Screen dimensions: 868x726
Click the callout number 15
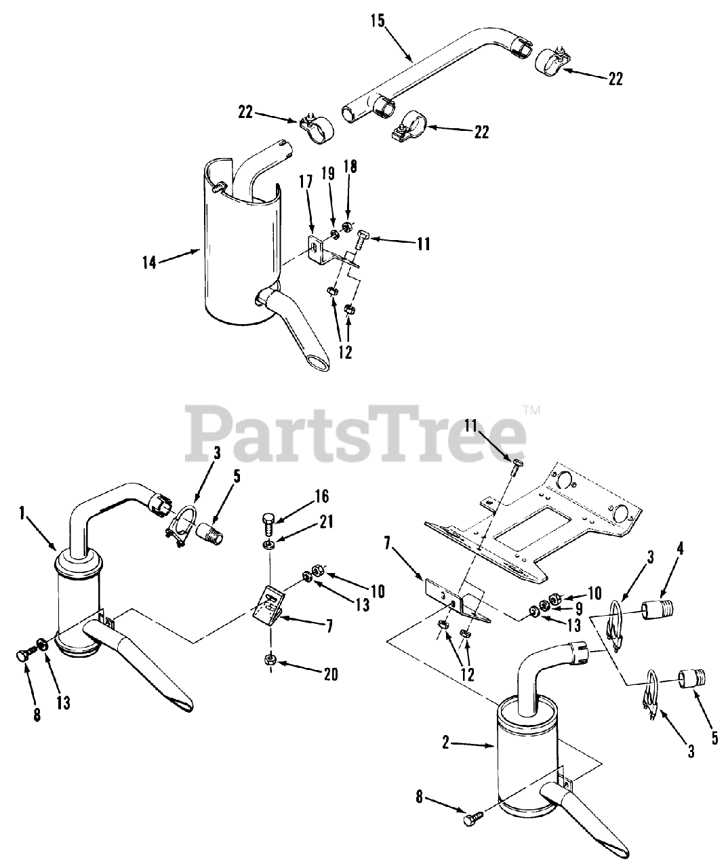[377, 20]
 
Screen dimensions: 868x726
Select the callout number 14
[149, 262]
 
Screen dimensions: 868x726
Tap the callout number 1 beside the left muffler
[24, 514]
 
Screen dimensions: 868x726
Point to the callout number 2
[445, 744]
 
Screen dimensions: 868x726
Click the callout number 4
[680, 548]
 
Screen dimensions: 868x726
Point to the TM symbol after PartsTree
[531, 410]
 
